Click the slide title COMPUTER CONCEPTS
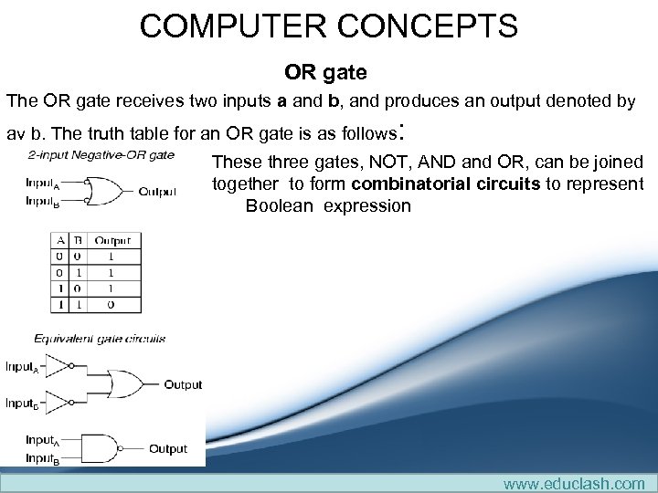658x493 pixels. [x=328, y=26]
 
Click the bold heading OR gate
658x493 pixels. [x=325, y=71]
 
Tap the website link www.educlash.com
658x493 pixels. [x=573, y=483]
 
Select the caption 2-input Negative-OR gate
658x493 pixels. [x=101, y=154]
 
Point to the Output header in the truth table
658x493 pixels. [x=113, y=241]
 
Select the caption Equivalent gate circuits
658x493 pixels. [x=100, y=339]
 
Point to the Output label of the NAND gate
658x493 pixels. [x=168, y=448]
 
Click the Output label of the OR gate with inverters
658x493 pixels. [x=183, y=384]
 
